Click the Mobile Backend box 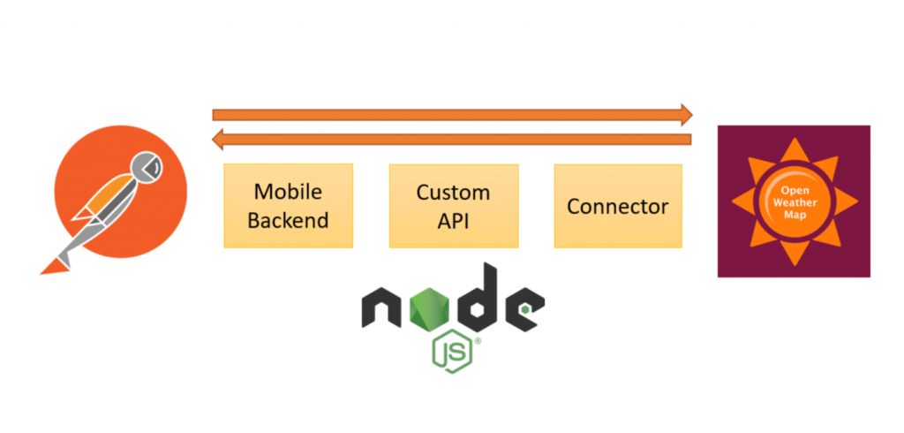pos(288,205)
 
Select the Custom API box pos(453,205)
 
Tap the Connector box pos(617,205)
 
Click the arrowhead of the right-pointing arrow pos(685,114)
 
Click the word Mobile pos(288,192)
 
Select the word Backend pos(288,220)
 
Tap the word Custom pos(453,192)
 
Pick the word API pos(453,220)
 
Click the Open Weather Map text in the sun pos(794,201)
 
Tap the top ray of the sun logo pos(794,147)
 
